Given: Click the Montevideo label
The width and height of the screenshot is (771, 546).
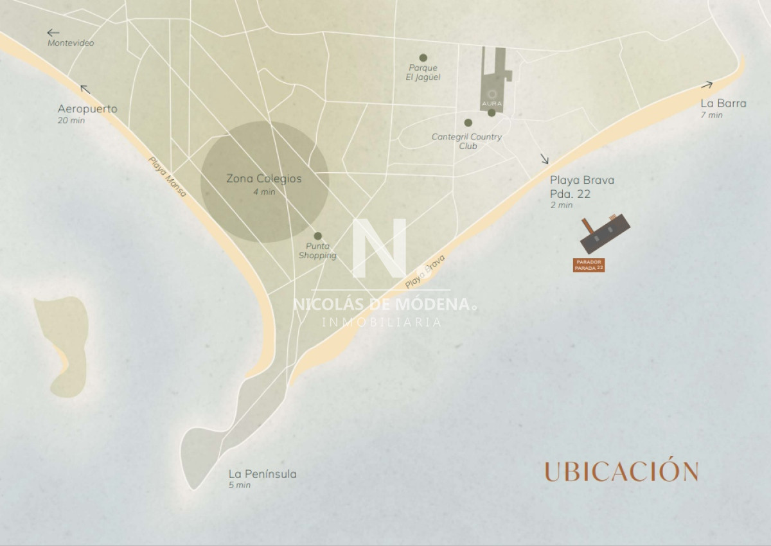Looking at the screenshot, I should point(71,43).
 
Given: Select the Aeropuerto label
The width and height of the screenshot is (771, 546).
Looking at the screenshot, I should point(87,109).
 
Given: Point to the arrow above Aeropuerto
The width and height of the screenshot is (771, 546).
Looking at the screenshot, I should point(84,89).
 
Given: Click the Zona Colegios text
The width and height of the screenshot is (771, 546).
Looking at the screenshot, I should point(264,179).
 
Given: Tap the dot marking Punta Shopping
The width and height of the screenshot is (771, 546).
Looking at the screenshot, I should point(317,236).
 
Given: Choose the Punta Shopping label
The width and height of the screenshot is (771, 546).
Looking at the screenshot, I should point(317,251).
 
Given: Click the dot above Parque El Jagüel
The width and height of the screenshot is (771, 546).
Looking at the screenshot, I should point(423,58).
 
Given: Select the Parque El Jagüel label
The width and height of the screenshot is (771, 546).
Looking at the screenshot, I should point(423,72).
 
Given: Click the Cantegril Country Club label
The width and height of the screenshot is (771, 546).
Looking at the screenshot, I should point(466,141).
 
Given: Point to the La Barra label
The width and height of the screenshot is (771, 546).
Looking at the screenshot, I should point(723,103).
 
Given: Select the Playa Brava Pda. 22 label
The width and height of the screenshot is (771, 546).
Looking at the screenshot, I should point(582,187).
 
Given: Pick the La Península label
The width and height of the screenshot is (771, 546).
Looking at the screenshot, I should point(262,474).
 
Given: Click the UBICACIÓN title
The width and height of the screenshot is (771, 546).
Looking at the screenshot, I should point(621,471).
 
